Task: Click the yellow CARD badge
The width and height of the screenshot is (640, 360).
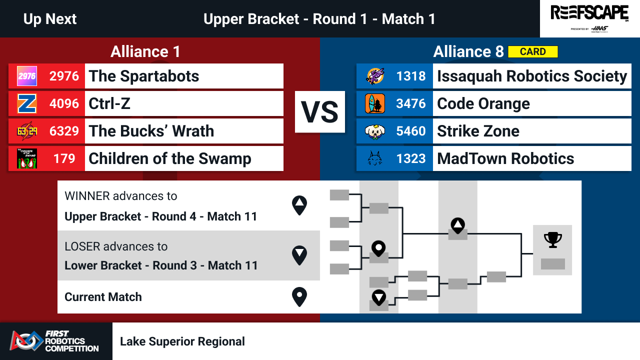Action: coord(533,51)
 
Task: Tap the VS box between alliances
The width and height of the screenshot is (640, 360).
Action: coord(319,111)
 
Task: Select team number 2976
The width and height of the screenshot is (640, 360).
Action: coord(64,76)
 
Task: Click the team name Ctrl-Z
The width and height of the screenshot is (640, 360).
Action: coord(109,103)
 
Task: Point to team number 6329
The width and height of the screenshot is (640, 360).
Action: coord(64,131)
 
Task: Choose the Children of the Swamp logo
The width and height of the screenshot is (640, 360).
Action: coord(27,158)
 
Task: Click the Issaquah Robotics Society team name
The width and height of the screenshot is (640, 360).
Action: coord(532,76)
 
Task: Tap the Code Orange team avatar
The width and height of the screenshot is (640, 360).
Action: coord(375,103)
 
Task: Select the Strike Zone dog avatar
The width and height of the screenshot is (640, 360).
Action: coord(375,131)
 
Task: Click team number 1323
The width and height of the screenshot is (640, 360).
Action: coord(411,158)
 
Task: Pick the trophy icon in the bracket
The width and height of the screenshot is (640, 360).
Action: coord(553,239)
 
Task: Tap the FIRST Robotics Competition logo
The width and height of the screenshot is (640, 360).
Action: coord(54,341)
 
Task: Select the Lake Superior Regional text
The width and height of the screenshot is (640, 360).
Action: coord(182,341)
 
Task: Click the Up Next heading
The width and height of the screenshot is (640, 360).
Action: coord(50,19)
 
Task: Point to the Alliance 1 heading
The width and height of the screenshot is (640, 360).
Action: coord(145,51)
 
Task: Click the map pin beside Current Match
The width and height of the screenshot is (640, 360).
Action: coord(299,297)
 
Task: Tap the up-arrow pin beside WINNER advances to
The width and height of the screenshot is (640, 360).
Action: coord(299,205)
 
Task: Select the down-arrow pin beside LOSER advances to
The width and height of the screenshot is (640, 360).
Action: coord(299,255)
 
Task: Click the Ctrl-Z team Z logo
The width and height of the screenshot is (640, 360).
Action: coord(27,103)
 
